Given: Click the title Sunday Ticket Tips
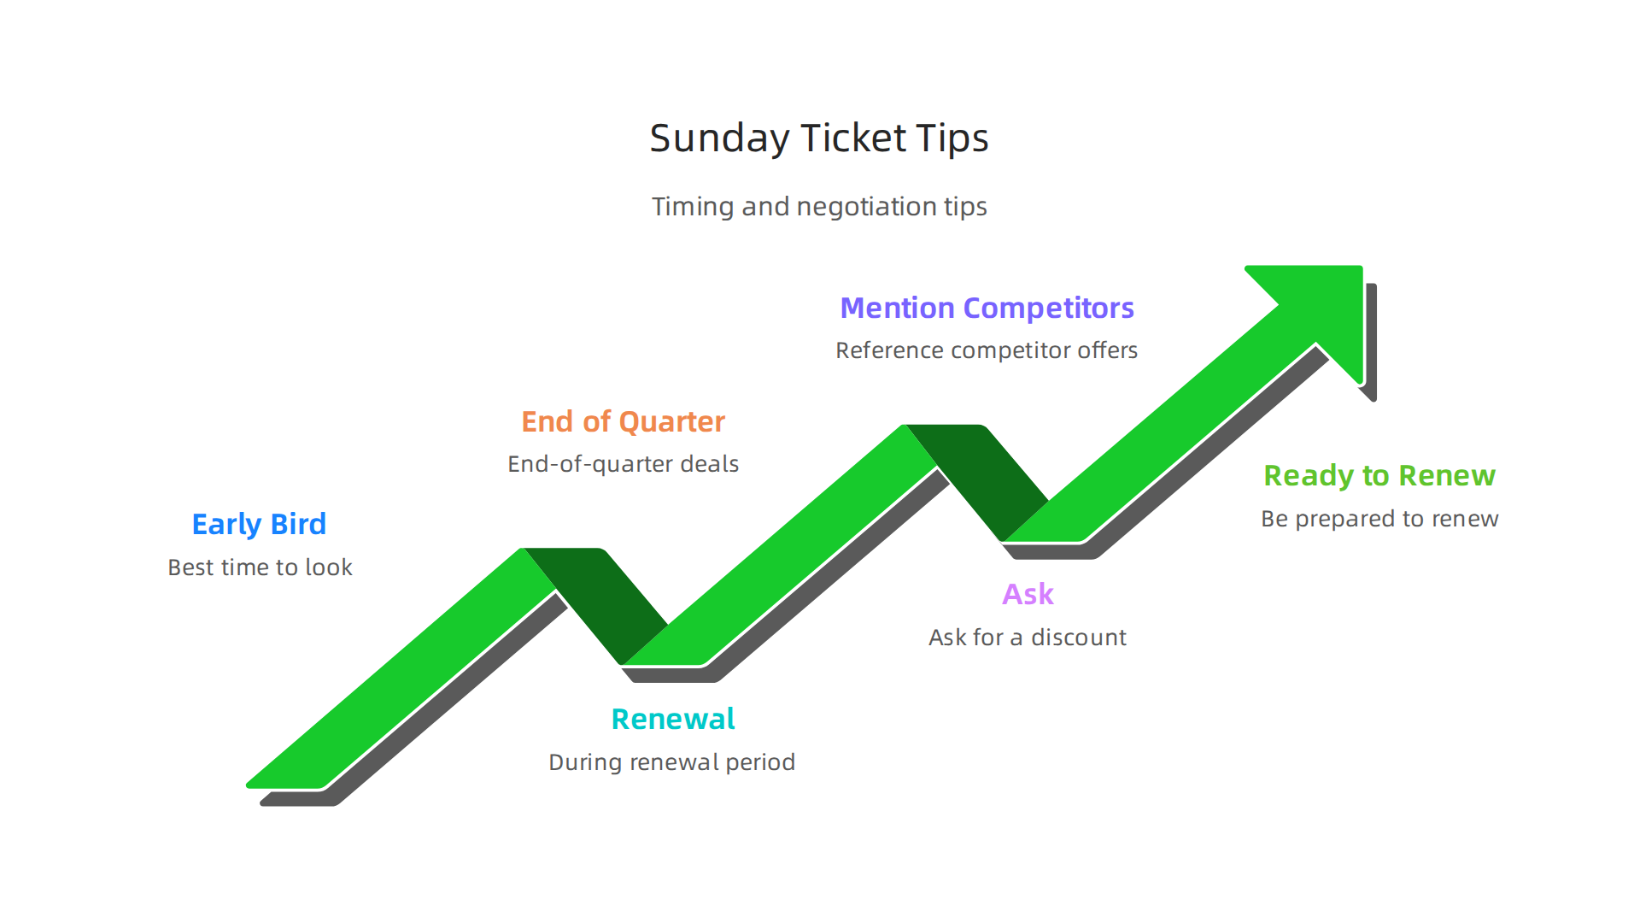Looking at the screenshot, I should [818, 138].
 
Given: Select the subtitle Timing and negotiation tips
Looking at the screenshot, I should [818, 207].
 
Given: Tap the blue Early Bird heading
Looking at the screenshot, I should [259, 524].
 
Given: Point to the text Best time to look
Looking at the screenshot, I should [260, 567].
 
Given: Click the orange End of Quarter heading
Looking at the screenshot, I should [623, 421].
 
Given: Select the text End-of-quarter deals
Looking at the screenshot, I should [623, 464].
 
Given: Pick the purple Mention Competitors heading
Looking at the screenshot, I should [987, 308].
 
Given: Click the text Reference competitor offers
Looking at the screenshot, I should [986, 350].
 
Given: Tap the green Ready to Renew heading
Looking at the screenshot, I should [1379, 475].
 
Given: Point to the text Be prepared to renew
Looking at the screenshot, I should [1379, 519].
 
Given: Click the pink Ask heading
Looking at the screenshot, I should [1028, 594].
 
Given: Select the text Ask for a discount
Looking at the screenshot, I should [1027, 638].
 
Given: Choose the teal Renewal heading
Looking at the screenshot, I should [673, 719].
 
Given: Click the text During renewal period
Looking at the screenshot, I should [671, 762].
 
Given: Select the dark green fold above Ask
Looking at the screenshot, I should [982, 475].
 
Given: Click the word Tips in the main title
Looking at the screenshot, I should [952, 138].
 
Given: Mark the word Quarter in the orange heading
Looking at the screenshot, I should [671, 421].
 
